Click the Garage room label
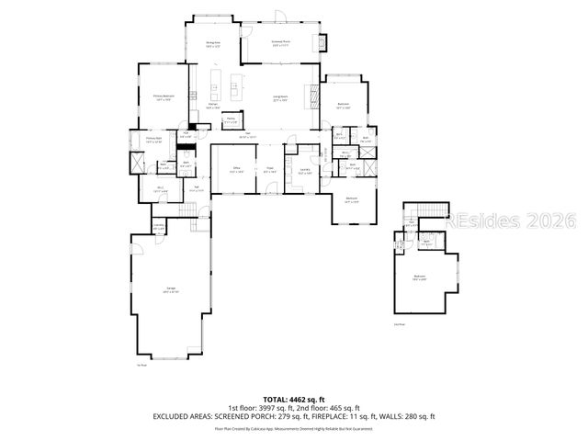pos(171,290)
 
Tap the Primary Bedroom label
pos(164,96)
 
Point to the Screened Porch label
pos(281,42)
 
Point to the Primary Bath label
pos(153,141)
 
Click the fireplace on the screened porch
pos(322,42)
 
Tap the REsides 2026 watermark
pos(510,221)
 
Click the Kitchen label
pos(213,107)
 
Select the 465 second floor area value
pos(333,408)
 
